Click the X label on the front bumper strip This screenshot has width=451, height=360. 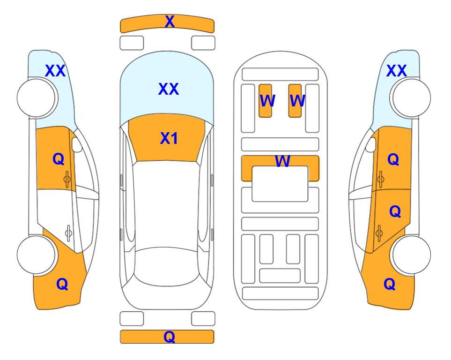pyautogui.click(x=170, y=22)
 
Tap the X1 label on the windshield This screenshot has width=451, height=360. pyautogui.click(x=169, y=138)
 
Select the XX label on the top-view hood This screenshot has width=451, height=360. pyautogui.click(x=169, y=89)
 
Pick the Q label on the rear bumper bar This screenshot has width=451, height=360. pyautogui.click(x=170, y=337)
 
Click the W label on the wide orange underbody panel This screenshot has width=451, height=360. pyautogui.click(x=282, y=161)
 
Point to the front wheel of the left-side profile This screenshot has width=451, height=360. pyautogui.click(x=37, y=98)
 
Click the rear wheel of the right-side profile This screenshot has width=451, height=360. pyautogui.click(x=411, y=255)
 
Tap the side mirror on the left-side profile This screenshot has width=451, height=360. pyautogui.click(x=77, y=144)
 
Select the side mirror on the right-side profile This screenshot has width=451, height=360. pyautogui.click(x=371, y=144)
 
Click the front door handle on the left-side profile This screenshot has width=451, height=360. pyautogui.click(x=67, y=179)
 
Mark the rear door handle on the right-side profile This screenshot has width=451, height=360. pyautogui.click(x=379, y=233)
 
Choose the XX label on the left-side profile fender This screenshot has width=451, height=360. pyautogui.click(x=55, y=71)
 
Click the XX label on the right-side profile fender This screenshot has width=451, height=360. pyautogui.click(x=396, y=71)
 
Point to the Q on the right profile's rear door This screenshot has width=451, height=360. pyautogui.click(x=395, y=212)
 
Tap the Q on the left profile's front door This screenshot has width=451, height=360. pyautogui.click(x=59, y=159)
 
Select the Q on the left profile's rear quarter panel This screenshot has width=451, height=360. pyautogui.click(x=62, y=284)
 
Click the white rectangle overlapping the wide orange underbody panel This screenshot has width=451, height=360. pyautogui.click(x=280, y=184)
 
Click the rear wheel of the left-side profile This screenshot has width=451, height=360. pyautogui.click(x=37, y=255)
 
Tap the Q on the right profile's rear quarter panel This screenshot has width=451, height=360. pyautogui.click(x=390, y=284)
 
